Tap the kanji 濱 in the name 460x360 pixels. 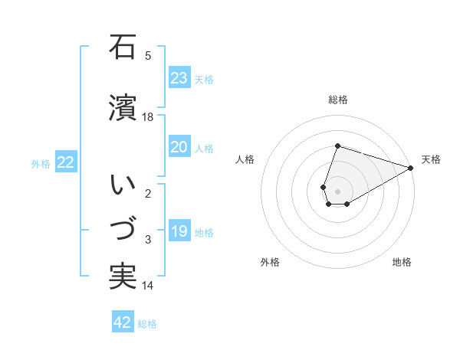[123, 108]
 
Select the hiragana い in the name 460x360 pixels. [123, 185]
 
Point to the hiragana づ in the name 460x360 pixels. [123, 229]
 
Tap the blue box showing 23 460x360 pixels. [179, 78]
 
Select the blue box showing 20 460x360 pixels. [179, 148]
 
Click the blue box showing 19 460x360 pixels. [179, 232]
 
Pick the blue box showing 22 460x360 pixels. [66, 162]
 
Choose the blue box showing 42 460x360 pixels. [123, 322]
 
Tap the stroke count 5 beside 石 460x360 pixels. [148, 55]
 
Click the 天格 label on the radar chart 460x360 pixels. [431, 159]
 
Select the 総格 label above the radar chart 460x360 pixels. [337, 100]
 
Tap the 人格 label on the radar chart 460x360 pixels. [245, 159]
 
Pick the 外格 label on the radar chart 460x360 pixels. [270, 263]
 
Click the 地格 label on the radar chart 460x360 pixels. [402, 263]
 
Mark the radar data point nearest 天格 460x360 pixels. [411, 168]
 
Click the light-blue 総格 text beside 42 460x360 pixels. [147, 324]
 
